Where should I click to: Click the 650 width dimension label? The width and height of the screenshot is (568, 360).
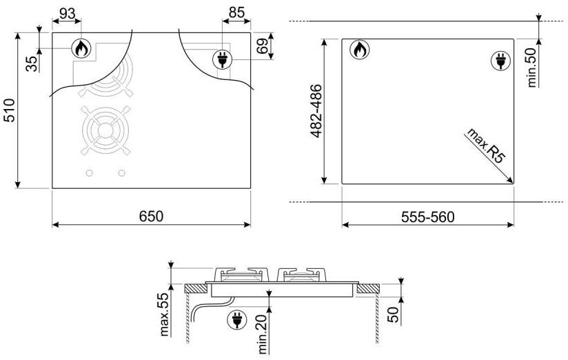pos(151,216)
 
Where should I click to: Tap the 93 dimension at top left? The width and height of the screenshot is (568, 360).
pos(67,14)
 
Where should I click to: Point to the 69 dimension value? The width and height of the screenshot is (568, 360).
pos(263,47)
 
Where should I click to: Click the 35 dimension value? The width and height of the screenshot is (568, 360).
pos(32,63)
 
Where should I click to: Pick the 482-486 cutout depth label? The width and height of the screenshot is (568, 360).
pos(316,111)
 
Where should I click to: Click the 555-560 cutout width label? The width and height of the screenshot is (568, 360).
pos(427,216)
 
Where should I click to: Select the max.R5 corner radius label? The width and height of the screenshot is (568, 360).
pos(485,144)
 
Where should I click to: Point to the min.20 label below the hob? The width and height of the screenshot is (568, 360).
pos(263,332)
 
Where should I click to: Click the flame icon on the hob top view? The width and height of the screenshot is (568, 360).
pos(81,48)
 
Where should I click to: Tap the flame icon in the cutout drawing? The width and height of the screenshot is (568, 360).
pos(358,49)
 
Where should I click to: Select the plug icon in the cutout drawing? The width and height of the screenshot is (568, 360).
pos(498,61)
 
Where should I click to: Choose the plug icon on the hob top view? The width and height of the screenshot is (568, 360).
pos(222,59)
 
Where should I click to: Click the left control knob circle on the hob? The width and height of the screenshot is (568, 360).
pos(90,172)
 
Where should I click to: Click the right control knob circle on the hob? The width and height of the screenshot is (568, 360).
pos(122,172)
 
